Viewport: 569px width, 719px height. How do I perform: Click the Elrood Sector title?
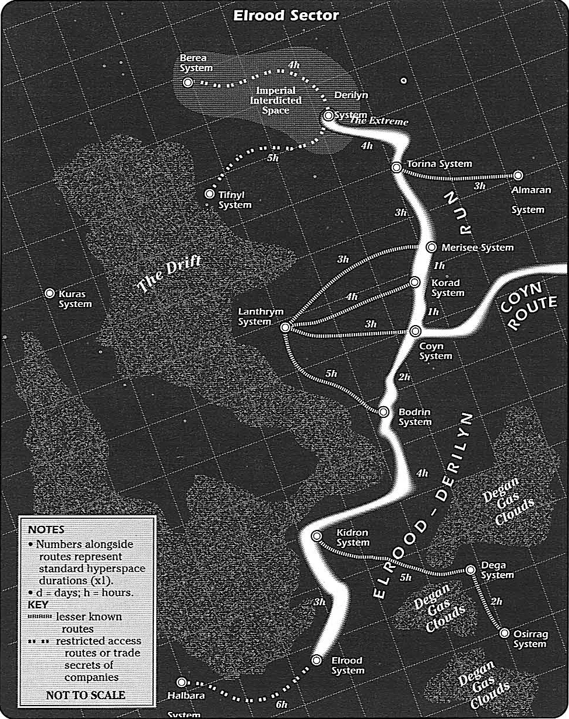[286, 16]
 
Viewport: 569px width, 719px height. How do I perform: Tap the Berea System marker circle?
[188, 83]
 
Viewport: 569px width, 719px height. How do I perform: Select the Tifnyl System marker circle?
[210, 194]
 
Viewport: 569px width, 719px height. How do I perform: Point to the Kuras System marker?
[50, 294]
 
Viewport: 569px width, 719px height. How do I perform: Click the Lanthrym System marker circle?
[285, 328]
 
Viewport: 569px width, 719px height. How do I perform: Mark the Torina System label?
[439, 164]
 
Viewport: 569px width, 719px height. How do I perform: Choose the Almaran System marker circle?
[517, 175]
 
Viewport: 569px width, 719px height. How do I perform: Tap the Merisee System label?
[477, 247]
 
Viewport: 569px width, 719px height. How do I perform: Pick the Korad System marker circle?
[415, 282]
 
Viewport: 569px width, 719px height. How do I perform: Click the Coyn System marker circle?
[415, 331]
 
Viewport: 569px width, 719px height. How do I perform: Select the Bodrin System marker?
[384, 411]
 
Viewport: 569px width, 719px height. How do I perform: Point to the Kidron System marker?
[317, 536]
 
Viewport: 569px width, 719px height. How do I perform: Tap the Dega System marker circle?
[471, 570]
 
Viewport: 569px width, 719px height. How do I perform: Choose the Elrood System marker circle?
[317, 660]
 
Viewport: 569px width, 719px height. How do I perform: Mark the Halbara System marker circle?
[181, 682]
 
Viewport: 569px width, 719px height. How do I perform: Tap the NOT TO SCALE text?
[85, 695]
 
